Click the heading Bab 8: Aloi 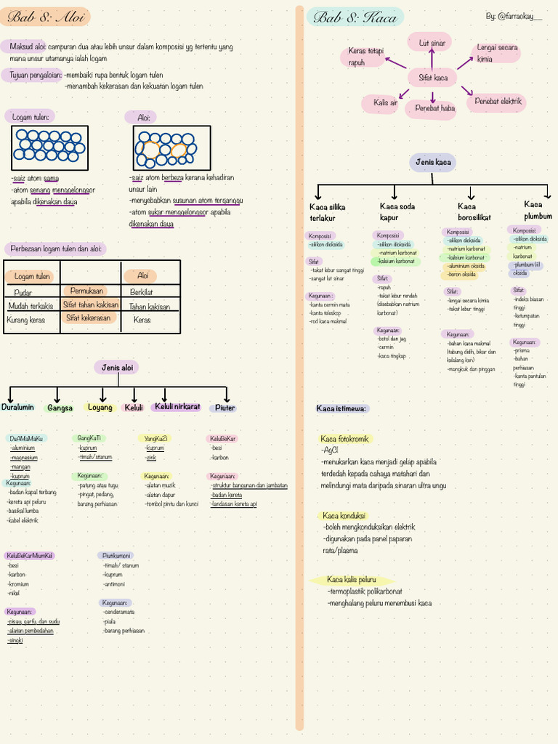[44, 17]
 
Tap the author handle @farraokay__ [514, 16]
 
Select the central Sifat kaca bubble [432, 77]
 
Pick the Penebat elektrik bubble [498, 102]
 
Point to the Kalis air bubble [385, 103]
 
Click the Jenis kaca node [433, 162]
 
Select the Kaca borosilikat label [474, 211]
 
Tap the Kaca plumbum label [538, 210]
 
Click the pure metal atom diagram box [49, 147]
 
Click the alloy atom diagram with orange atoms [172, 147]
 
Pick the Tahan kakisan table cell [150, 307]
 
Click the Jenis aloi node [116, 368]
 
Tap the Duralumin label [18, 408]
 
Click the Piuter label [225, 408]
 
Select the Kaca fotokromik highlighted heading [345, 439]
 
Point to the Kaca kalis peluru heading [352, 580]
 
